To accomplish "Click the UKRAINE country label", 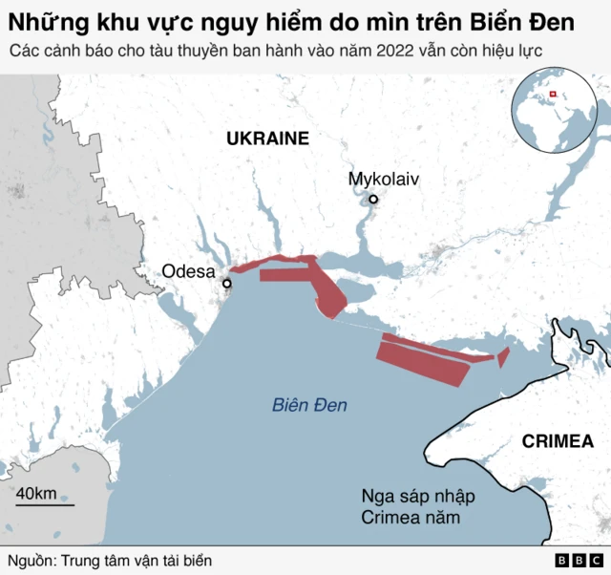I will point(267,138).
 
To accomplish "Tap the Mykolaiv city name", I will point(384,179).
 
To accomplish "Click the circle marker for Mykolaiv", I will point(374,200).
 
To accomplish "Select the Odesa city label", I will point(188,271).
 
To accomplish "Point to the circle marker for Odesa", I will point(227,284).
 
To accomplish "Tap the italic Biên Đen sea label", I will point(309,405).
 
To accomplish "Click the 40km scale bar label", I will point(36,493).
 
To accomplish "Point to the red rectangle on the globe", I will point(551,94).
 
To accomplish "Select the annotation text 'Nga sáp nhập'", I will point(417,497).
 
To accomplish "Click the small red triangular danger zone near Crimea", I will point(503,356).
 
